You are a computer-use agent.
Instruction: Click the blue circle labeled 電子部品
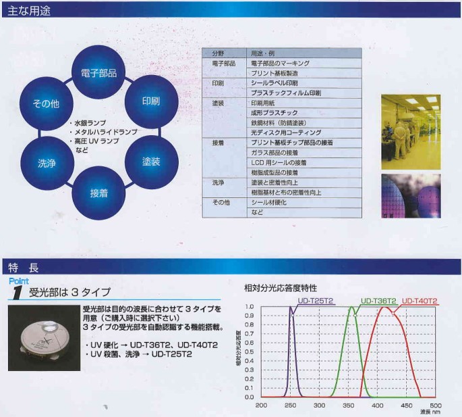point(98,72)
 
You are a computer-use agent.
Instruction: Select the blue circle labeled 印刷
point(152,101)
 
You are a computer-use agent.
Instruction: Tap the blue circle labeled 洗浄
point(47,163)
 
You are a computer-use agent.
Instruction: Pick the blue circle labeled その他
point(47,103)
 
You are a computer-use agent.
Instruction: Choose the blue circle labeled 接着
point(98,193)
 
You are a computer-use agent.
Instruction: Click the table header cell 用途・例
point(304,53)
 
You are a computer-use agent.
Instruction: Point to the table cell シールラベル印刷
point(304,83)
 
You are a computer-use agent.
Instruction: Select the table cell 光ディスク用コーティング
point(304,132)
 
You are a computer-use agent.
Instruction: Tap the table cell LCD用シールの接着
point(304,162)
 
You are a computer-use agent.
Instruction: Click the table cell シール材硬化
point(304,202)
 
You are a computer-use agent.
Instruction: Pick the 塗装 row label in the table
point(218,103)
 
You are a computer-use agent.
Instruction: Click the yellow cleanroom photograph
point(411,132)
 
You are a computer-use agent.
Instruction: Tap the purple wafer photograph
point(411,196)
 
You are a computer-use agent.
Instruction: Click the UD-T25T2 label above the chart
point(315,301)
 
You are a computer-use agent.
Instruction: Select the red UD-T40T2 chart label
point(420,301)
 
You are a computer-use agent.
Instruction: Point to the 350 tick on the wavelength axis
point(348,406)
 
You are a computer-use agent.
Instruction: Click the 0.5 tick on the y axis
point(250,351)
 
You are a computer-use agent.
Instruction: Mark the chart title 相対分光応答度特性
point(281,288)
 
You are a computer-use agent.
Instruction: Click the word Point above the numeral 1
point(19,281)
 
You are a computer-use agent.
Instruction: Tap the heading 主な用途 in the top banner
point(29,11)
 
